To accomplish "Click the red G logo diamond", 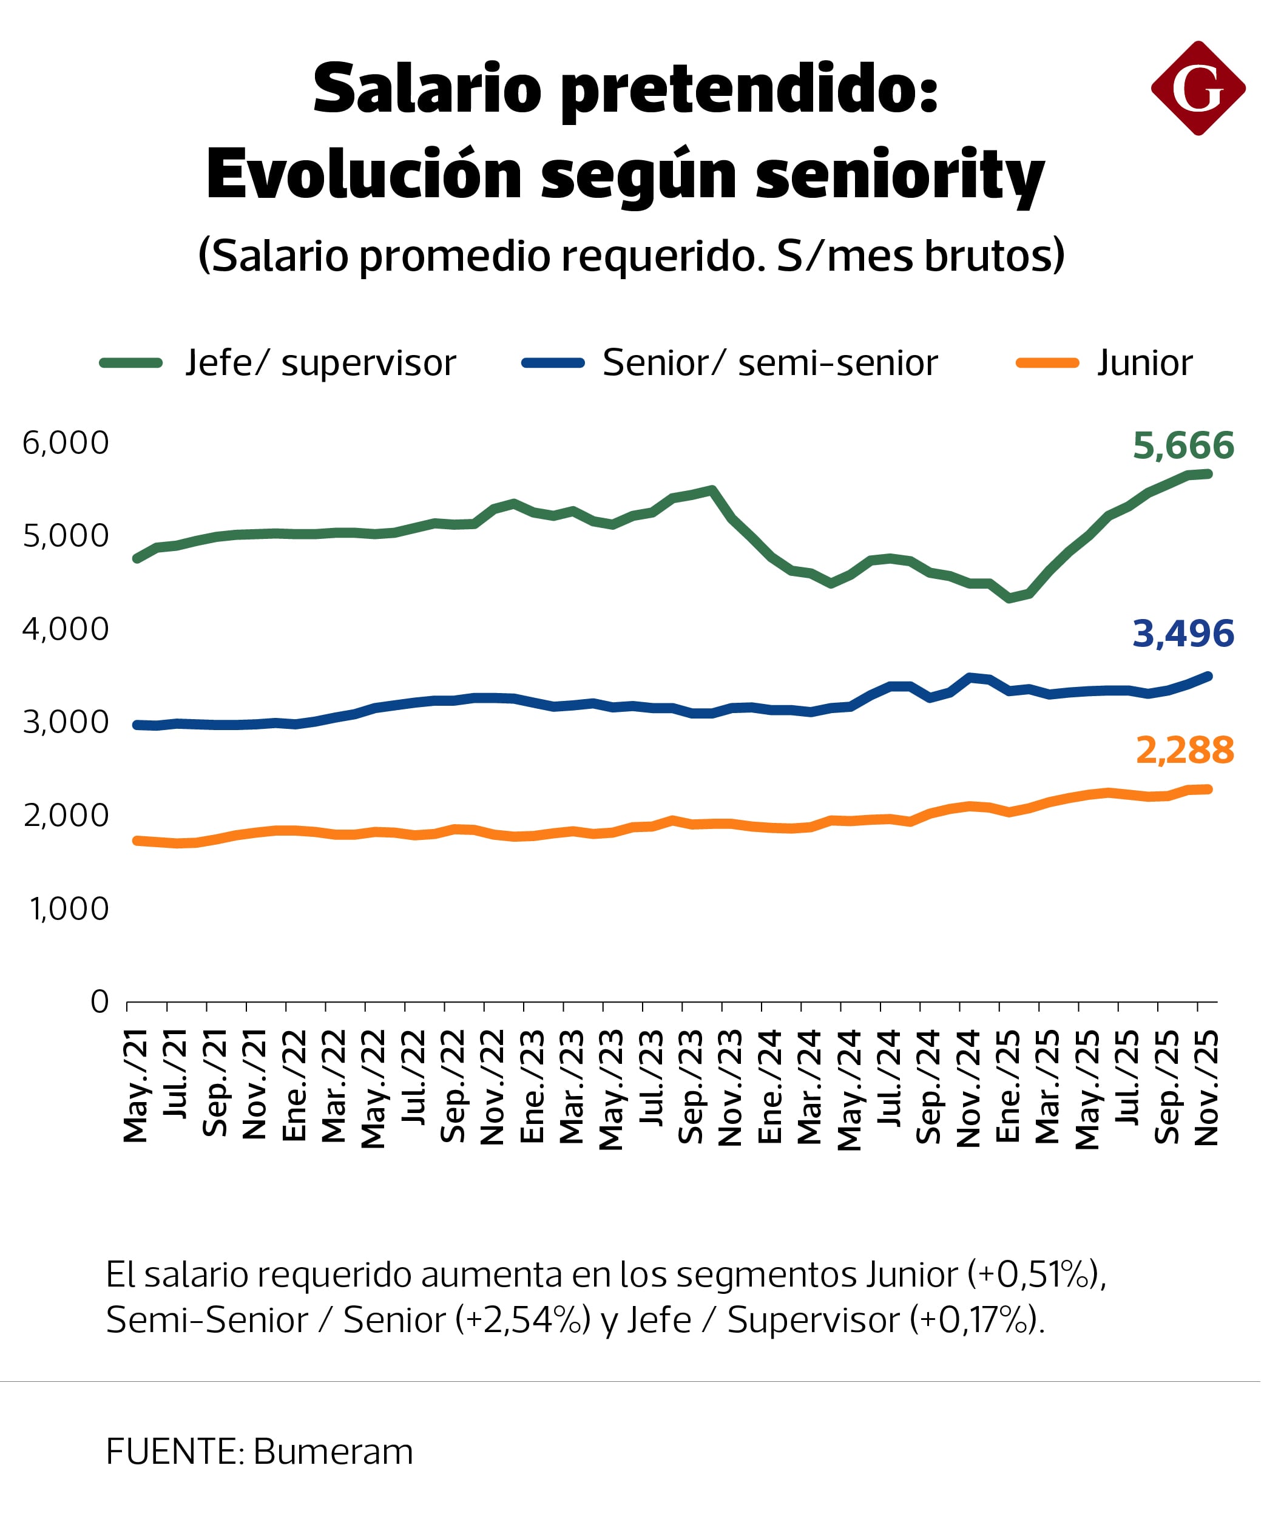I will tap(1200, 88).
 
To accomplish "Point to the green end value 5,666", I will tap(1183, 445).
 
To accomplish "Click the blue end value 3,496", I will tap(1183, 633).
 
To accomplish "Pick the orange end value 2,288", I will tap(1185, 750).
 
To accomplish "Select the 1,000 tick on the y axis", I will tap(69, 909).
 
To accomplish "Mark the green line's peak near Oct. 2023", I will tap(712, 490).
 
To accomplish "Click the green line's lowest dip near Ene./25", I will tap(1009, 598).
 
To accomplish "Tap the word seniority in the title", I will tap(900, 175).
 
